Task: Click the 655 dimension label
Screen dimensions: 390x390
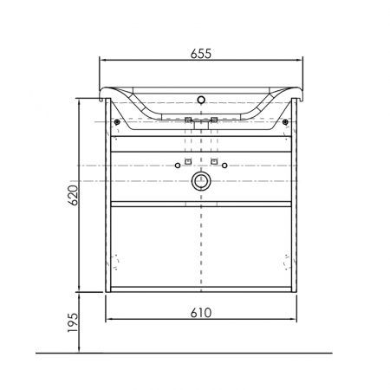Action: coord(201,54)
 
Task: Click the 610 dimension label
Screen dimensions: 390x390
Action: coord(201,313)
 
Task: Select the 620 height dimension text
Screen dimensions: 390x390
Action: coord(73,195)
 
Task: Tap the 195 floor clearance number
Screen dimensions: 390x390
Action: coord(73,322)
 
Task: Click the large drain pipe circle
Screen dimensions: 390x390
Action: coord(201,181)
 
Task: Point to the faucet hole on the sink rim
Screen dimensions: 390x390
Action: coord(201,100)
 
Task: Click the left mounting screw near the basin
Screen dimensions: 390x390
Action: coord(117,122)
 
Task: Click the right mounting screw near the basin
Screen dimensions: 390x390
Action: coord(285,122)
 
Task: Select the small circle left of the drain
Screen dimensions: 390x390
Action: coord(178,166)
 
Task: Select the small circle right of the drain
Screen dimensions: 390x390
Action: coord(224,166)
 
